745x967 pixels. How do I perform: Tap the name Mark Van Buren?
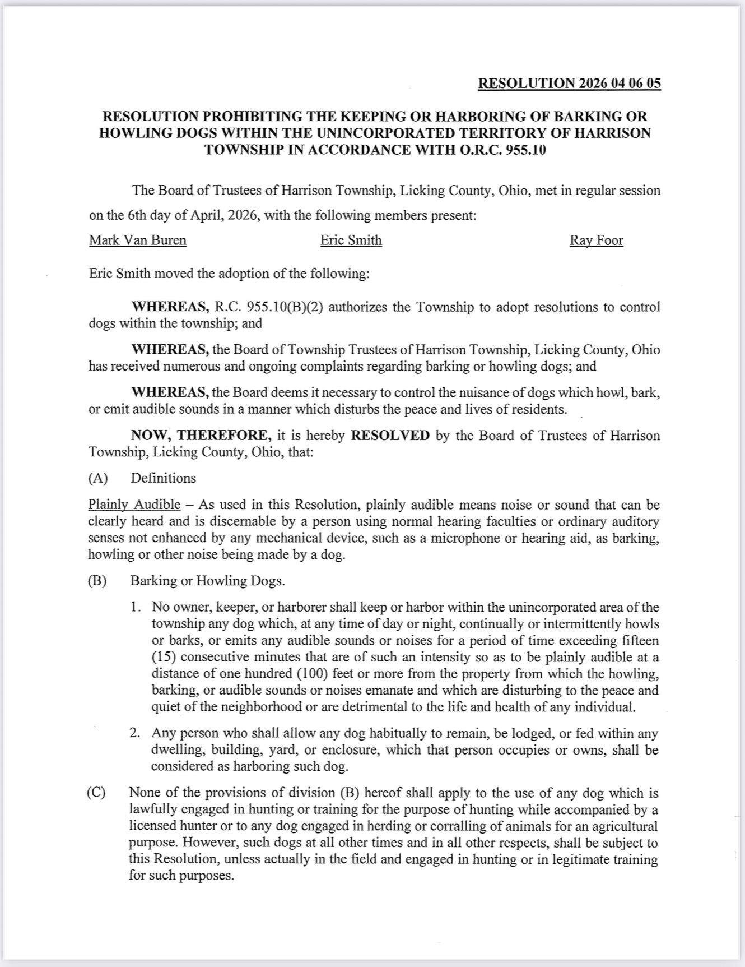[x=138, y=240]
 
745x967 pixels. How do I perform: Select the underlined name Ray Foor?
[x=596, y=240]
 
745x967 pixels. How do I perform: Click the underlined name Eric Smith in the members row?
[x=351, y=240]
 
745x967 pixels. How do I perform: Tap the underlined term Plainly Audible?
[x=134, y=505]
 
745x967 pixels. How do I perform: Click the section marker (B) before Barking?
[x=97, y=581]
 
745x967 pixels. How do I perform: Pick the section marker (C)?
[x=96, y=793]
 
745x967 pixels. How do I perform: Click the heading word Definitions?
[x=164, y=478]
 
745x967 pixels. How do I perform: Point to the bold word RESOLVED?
[x=390, y=436]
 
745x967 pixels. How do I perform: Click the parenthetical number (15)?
[x=164, y=657]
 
